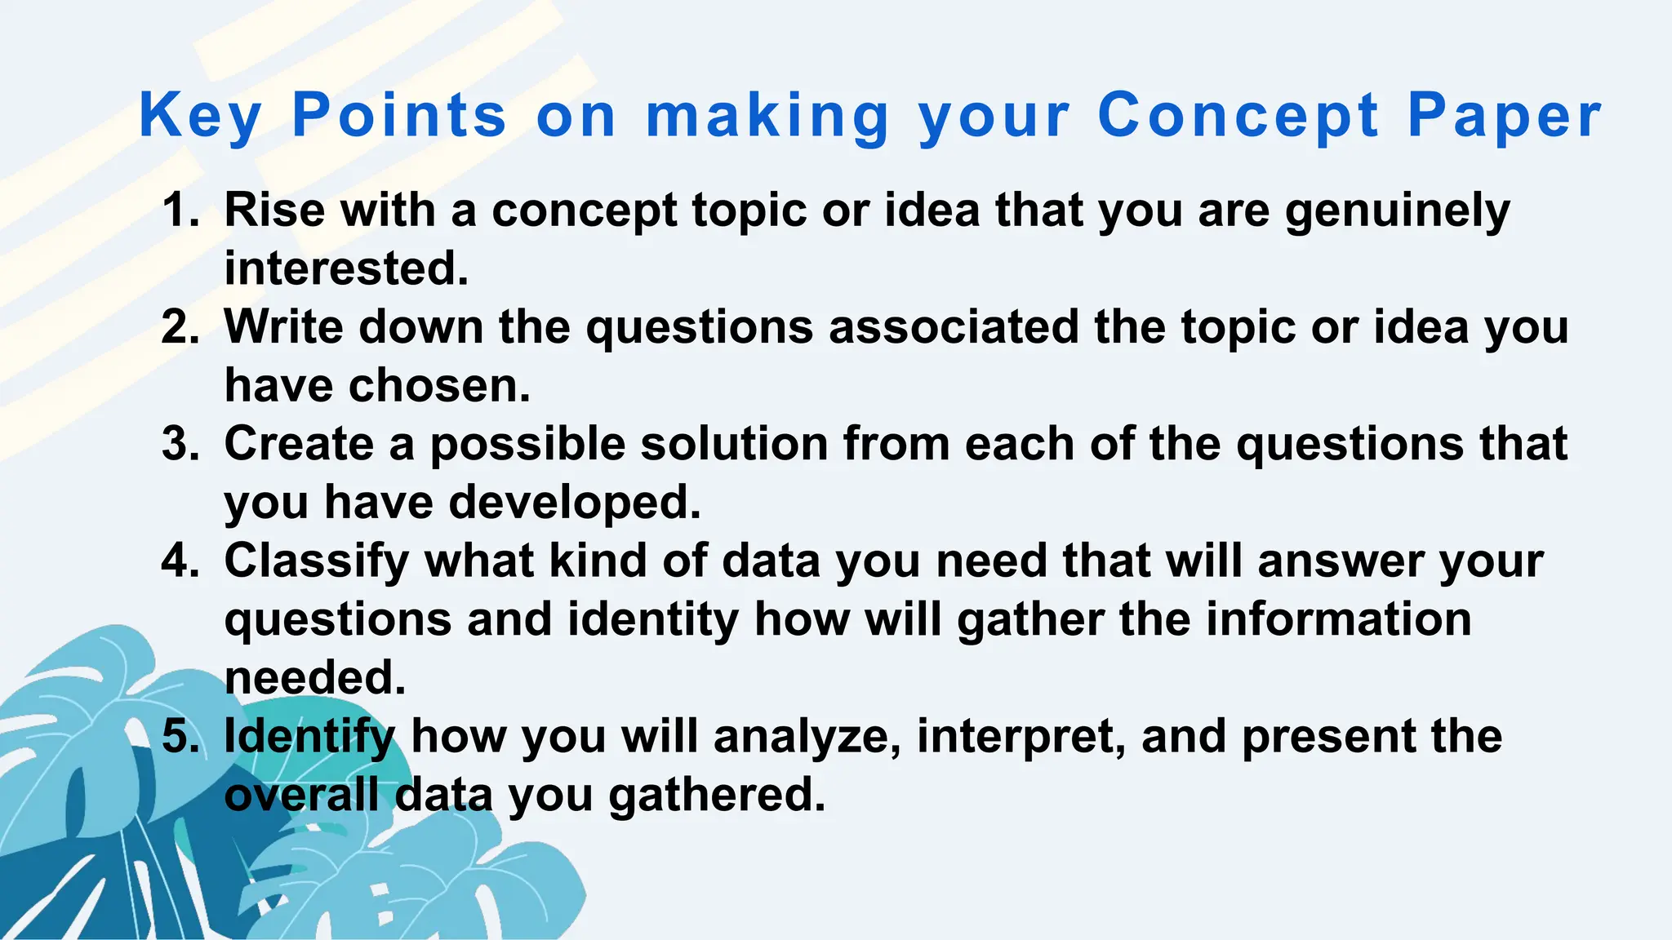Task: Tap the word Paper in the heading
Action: point(1504,115)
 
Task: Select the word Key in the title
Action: point(201,115)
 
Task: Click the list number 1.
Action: point(180,210)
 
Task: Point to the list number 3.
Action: point(180,444)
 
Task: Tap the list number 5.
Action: point(180,736)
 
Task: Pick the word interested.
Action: point(346,268)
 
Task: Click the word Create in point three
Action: point(299,444)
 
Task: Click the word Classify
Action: point(316,562)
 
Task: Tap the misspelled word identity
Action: point(652,620)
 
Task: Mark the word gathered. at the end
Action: point(717,796)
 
